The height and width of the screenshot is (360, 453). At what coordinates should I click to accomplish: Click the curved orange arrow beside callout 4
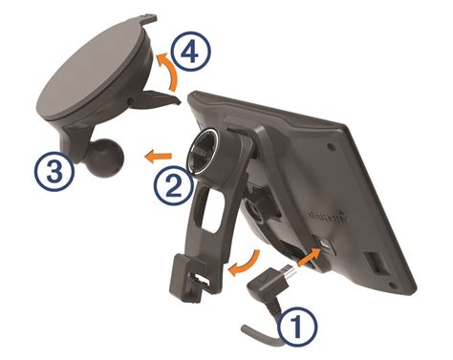click(168, 74)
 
